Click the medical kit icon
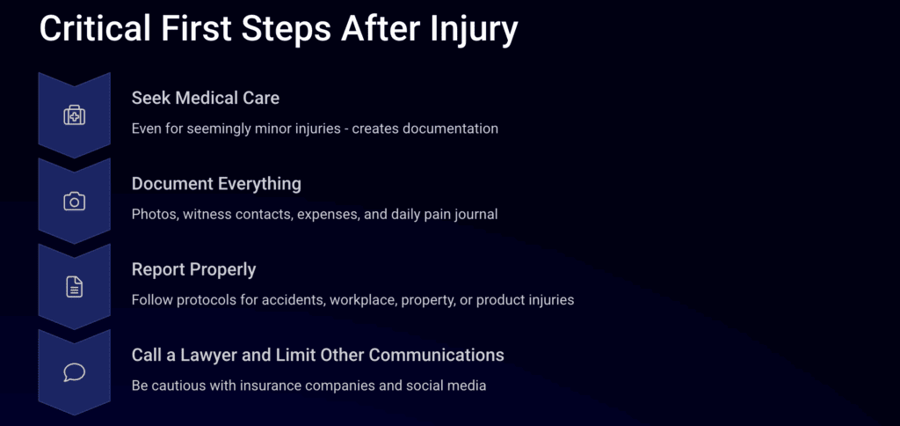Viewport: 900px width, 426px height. pos(74,115)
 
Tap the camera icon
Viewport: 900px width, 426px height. pos(74,202)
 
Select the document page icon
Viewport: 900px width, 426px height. pos(74,287)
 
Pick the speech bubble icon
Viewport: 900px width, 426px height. pos(74,372)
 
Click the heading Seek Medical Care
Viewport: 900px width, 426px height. pos(206,99)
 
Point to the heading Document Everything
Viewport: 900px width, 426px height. pos(216,184)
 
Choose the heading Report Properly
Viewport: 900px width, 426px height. pos(194,269)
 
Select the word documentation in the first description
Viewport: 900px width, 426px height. pos(450,129)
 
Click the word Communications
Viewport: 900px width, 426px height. pos(436,356)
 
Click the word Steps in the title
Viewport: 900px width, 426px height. pos(286,30)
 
